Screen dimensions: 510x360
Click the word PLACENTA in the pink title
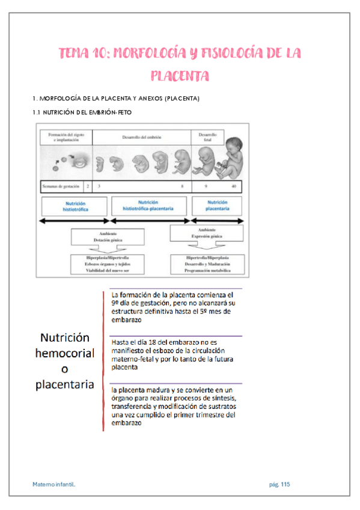[180, 76]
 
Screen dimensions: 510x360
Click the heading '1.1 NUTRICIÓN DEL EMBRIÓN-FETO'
[82, 112]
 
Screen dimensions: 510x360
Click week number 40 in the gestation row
[234, 186]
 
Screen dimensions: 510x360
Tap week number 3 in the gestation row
[99, 186]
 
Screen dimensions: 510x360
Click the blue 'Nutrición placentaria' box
[217, 207]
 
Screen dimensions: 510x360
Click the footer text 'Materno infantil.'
[55, 484]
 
